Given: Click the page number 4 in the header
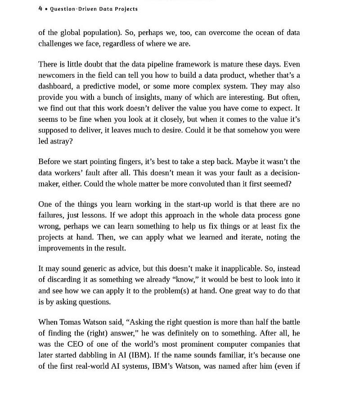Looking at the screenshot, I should coord(40,9).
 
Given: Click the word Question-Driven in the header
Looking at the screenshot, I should coord(68,9).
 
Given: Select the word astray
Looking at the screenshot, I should coord(61,141).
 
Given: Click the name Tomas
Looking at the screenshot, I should coord(71,322).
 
